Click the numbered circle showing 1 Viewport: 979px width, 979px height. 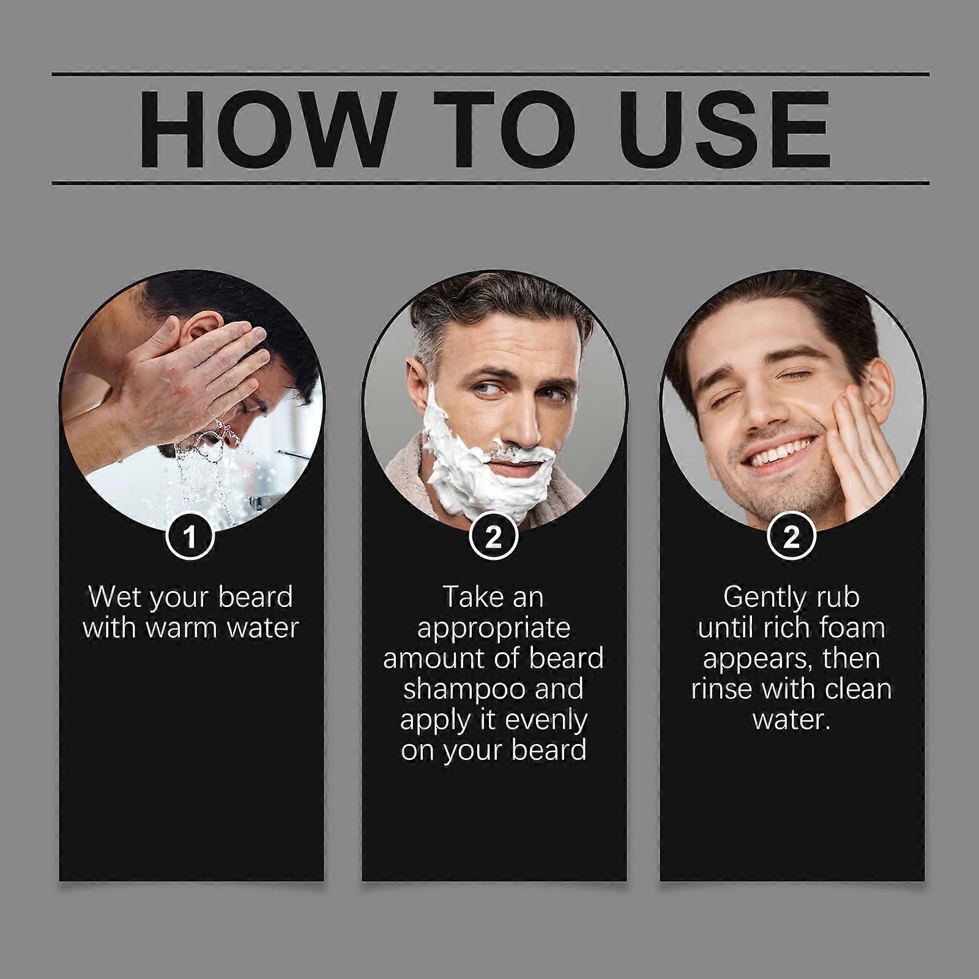click(190, 537)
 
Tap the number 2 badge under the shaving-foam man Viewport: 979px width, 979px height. click(493, 537)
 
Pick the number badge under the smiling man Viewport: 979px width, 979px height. click(791, 537)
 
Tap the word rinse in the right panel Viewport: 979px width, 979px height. click(722, 689)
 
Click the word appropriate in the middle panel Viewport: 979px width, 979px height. click(493, 628)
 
